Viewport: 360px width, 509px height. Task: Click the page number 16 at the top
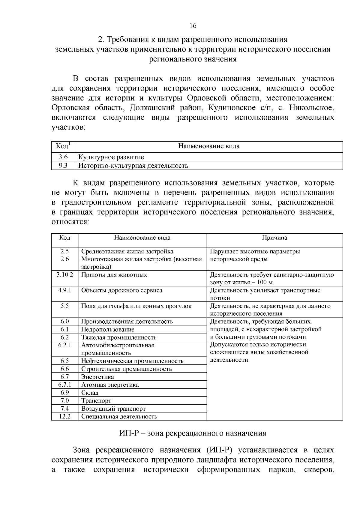pos(193,26)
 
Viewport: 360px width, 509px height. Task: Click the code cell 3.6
pos(63,157)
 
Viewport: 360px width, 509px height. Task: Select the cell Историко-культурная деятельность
pos(133,166)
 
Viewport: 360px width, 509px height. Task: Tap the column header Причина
pos(274,238)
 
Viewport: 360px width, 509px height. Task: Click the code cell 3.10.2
pos(64,275)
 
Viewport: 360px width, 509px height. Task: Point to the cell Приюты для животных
pos(114,275)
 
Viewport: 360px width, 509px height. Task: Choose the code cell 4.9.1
pos(64,290)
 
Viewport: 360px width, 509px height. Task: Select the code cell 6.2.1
pos(64,345)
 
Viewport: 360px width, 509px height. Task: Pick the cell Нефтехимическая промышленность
pos(132,361)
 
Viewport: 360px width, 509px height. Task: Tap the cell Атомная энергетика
pos(110,385)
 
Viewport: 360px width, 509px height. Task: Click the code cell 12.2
pos(64,416)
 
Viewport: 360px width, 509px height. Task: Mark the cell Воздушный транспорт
pos(113,409)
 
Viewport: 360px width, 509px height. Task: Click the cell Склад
pos(90,393)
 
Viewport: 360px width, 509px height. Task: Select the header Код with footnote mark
pos(63,146)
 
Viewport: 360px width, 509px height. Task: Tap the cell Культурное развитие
pos(111,157)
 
